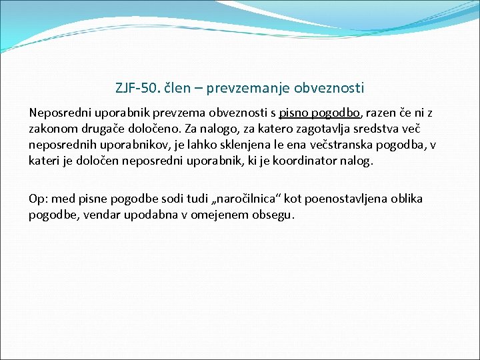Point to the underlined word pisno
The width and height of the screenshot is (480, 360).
[294, 113]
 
